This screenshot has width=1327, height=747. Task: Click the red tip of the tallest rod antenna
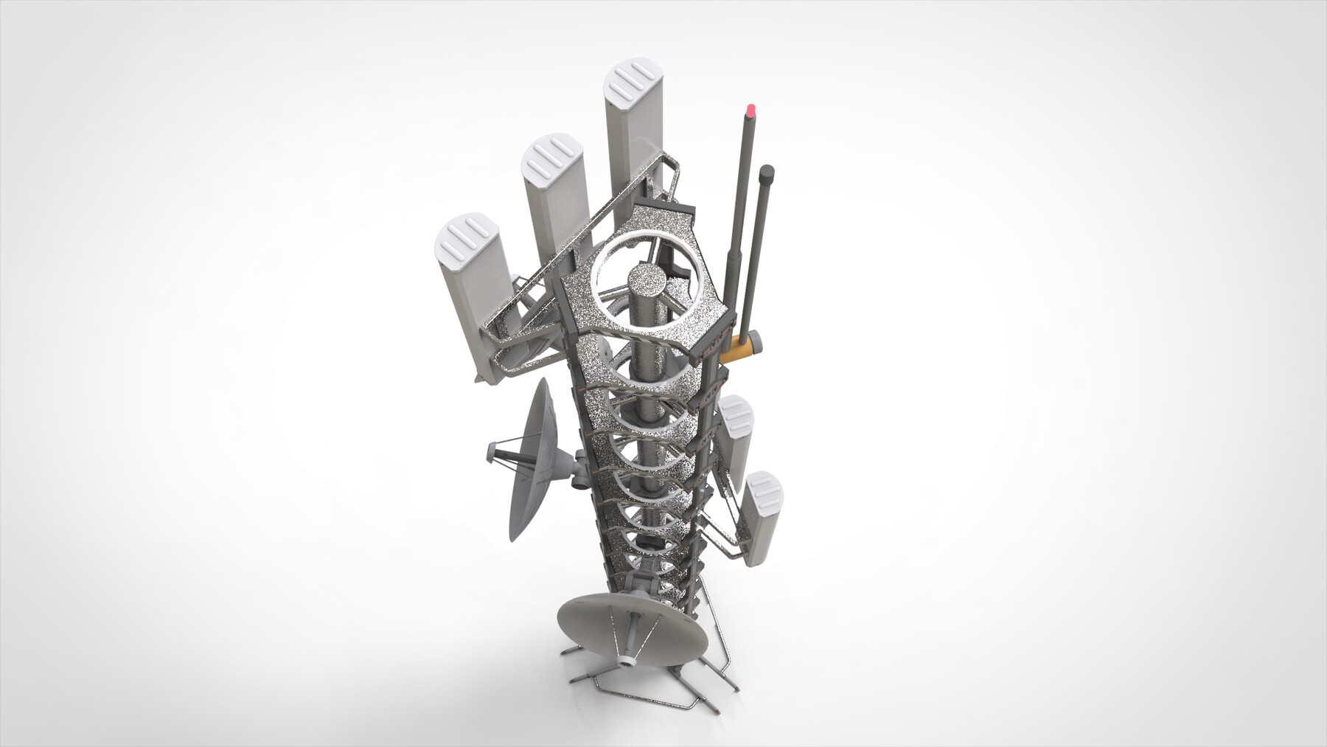click(751, 111)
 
